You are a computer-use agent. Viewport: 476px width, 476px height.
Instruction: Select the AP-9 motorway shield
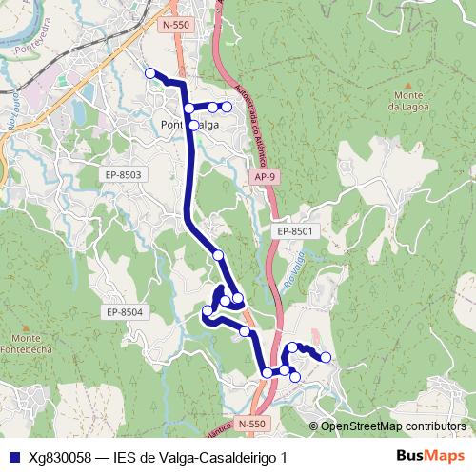point(267,176)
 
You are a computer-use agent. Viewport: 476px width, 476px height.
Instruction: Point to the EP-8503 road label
point(123,174)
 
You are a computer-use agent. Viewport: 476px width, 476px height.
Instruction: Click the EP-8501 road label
point(295,231)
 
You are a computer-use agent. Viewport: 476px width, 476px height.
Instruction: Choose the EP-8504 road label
point(125,311)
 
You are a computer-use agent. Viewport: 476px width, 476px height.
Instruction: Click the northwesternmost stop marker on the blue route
point(149,73)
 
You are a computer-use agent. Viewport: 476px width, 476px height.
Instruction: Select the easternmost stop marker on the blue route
point(326,357)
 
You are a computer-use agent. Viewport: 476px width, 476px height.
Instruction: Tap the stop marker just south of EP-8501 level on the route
point(218,255)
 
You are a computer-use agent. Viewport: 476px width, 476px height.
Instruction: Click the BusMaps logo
point(428,457)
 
